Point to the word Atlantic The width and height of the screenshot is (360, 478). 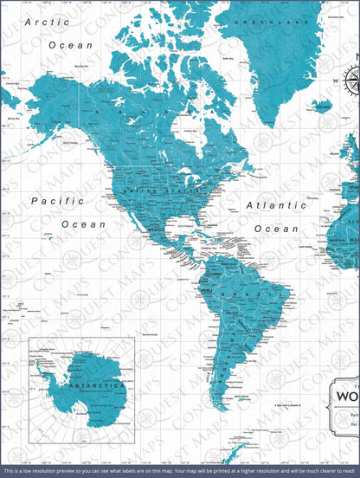(275, 206)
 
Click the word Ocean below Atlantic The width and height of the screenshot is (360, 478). (276, 229)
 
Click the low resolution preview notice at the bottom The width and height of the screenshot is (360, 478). (180, 472)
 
